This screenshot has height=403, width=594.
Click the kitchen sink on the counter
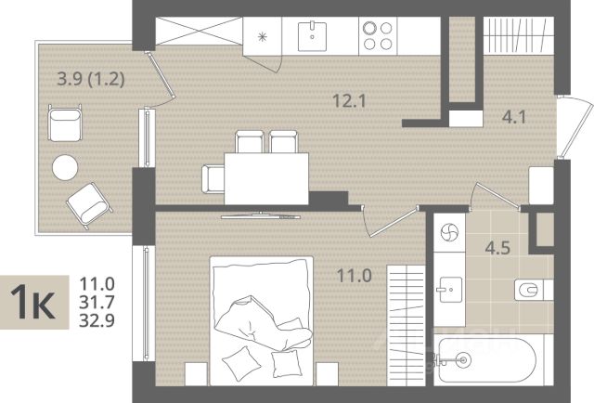tap(312, 35)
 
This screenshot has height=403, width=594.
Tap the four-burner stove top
tap(378, 36)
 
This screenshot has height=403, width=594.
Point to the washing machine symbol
tap(449, 231)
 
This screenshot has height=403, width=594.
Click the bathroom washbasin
tap(450, 290)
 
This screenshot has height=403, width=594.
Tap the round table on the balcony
tap(65, 167)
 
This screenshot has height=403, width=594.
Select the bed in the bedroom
tap(262, 320)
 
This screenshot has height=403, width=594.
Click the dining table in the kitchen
tap(266, 178)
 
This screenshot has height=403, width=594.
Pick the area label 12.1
tap(349, 101)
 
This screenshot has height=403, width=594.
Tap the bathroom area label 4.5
tap(497, 248)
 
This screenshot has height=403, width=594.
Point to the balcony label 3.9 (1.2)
tap(91, 79)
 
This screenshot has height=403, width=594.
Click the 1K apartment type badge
tap(34, 302)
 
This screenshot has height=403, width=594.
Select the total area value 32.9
tap(97, 320)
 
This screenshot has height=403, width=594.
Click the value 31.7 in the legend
tap(97, 302)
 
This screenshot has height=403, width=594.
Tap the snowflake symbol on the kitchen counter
tap(262, 37)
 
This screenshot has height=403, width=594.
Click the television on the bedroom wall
tap(261, 216)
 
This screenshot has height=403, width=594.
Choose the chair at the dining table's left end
tap(213, 179)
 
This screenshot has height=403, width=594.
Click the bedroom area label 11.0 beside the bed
tap(355, 276)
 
